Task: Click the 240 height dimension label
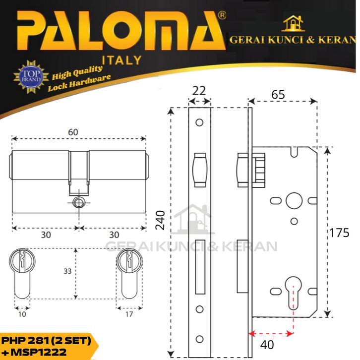tap(160, 220)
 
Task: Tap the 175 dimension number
tap(339, 233)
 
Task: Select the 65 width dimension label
tap(278, 94)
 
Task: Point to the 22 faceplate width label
tap(199, 91)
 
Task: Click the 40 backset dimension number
tap(267, 345)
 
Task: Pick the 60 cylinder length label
tap(73, 132)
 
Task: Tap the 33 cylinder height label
tap(67, 271)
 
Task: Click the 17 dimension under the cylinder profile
tap(129, 314)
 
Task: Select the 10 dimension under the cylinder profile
tap(22, 314)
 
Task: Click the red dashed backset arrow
tap(271, 334)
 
